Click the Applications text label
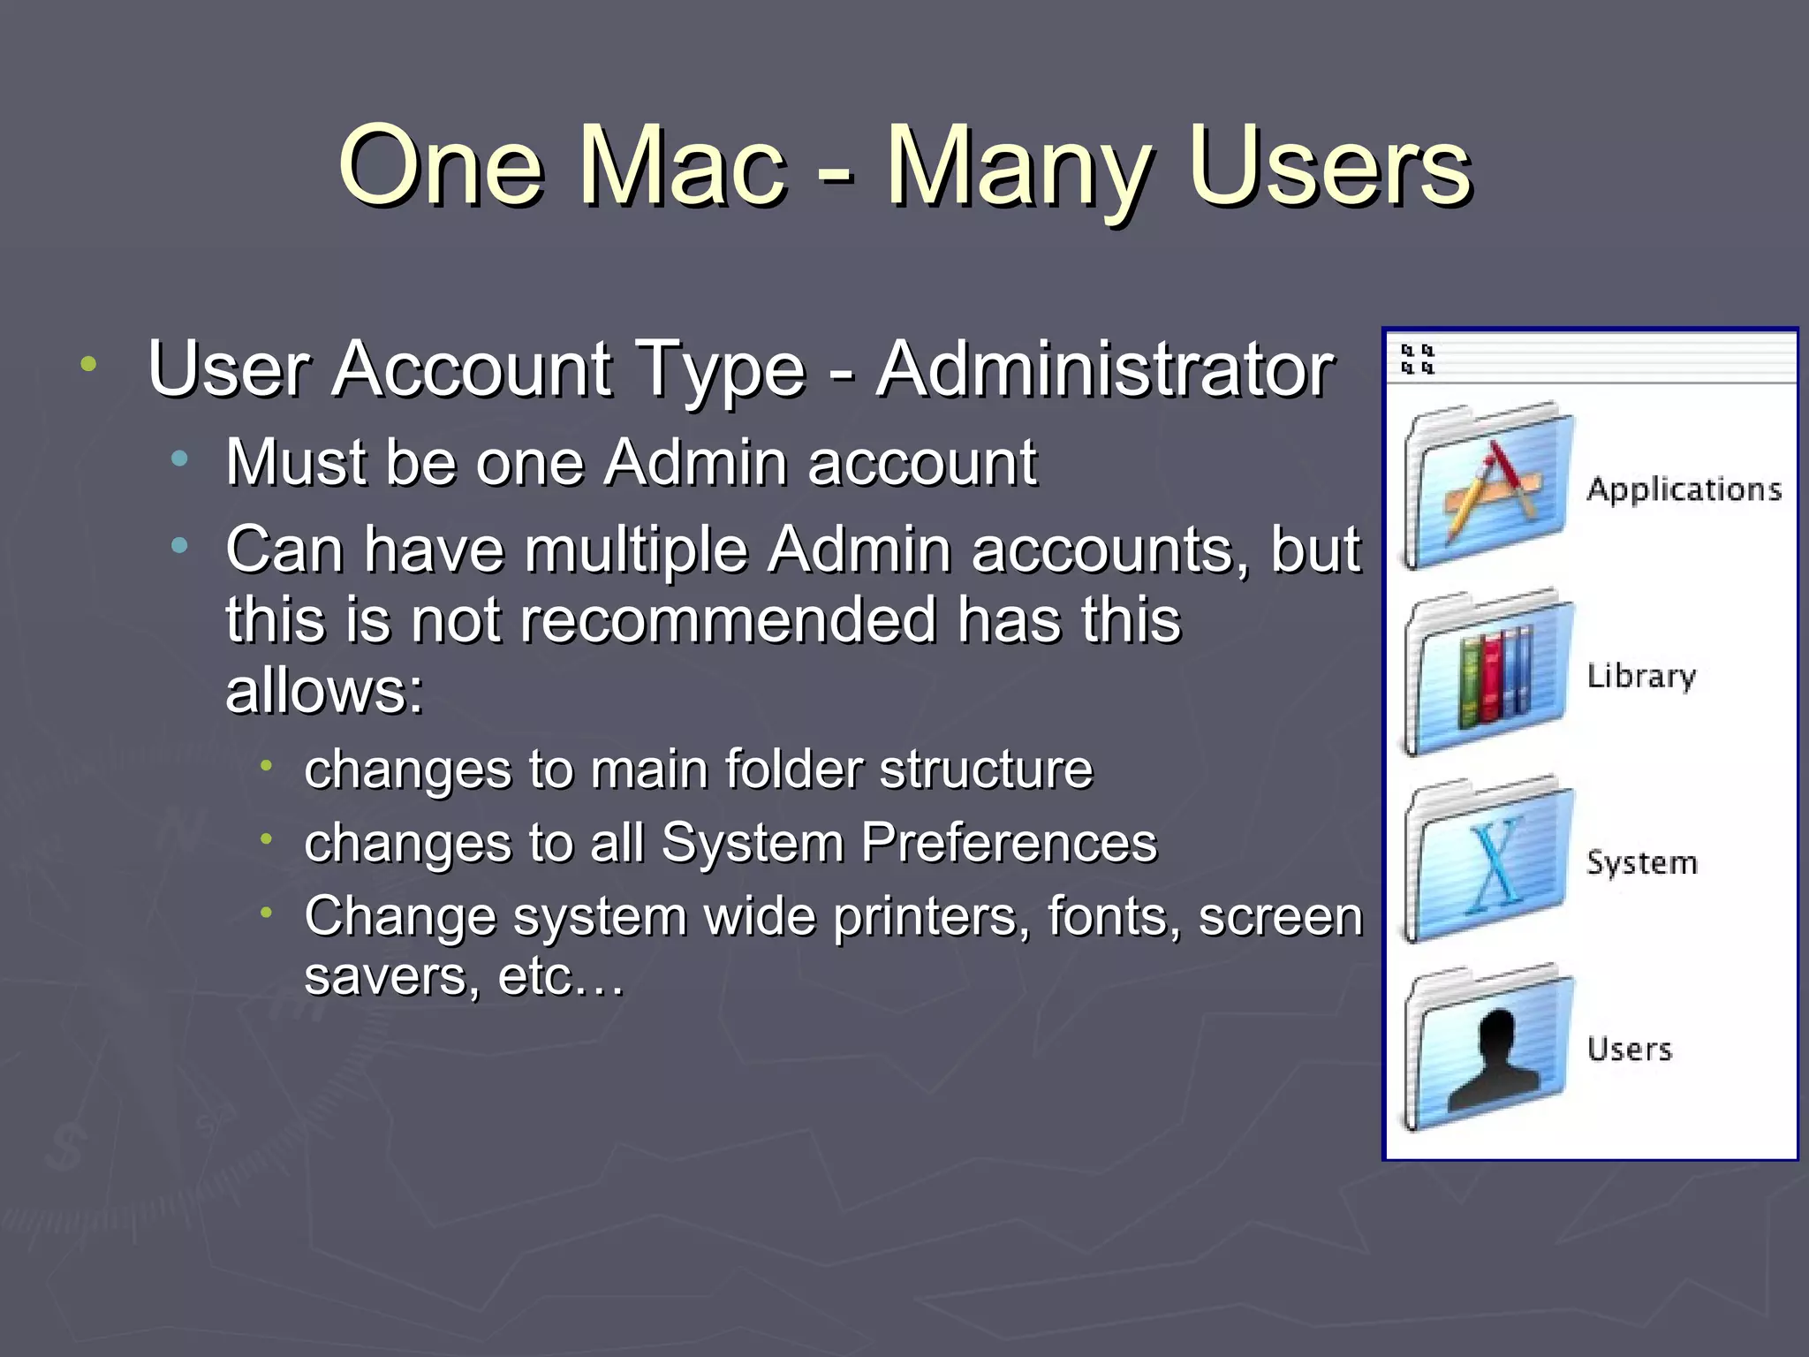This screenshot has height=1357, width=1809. [1684, 489]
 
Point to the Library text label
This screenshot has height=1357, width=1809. [1641, 677]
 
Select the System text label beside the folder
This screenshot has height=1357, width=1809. [1641, 862]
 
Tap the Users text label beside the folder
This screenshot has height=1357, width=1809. [1629, 1049]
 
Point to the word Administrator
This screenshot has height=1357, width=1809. [1104, 368]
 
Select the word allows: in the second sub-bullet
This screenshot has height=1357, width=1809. [324, 691]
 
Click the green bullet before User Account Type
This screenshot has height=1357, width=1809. [87, 364]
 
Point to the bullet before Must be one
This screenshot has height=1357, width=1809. [180, 459]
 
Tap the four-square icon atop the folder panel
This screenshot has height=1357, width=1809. [1418, 360]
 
